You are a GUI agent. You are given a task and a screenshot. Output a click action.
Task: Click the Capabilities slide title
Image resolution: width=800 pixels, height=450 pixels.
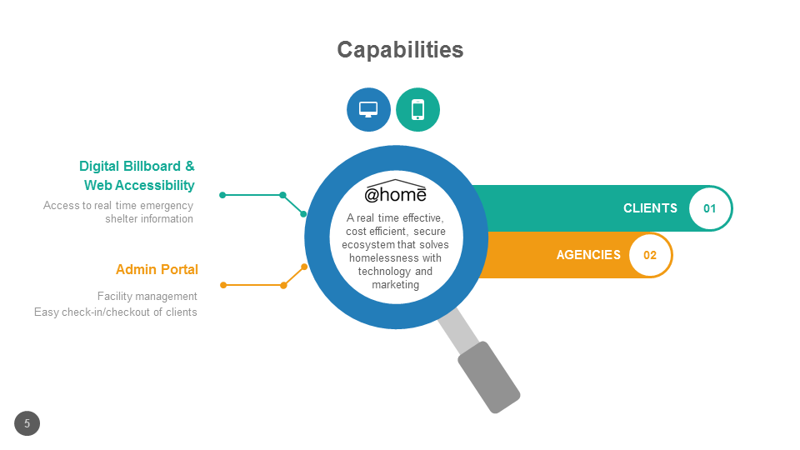[400, 50]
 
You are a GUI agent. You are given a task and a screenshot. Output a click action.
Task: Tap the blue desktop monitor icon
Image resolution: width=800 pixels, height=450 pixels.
[368, 109]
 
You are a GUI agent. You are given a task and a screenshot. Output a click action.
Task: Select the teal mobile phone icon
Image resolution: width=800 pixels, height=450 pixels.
[417, 109]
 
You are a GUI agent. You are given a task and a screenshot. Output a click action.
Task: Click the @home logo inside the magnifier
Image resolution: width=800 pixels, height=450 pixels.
[396, 192]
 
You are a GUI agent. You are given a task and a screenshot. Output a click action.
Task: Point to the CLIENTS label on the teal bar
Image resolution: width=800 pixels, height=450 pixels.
[650, 208]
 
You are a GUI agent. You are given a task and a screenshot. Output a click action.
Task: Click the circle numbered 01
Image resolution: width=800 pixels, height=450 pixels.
[710, 208]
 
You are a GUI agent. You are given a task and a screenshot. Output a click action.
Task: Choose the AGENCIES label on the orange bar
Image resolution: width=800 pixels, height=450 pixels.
[588, 255]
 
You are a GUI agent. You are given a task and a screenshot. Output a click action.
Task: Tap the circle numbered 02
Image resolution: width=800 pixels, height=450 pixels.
[650, 255]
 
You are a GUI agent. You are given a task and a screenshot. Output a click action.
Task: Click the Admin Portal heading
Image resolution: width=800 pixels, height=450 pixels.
[157, 269]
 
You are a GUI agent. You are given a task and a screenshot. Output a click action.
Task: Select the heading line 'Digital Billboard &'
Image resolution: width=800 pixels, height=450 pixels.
[137, 166]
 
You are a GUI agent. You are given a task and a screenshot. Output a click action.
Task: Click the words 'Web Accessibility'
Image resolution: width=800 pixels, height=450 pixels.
[139, 185]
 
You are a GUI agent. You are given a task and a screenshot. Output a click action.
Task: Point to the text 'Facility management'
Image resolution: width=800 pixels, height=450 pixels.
[147, 296]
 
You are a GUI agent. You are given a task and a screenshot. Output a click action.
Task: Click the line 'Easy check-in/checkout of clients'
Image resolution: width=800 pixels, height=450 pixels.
[116, 312]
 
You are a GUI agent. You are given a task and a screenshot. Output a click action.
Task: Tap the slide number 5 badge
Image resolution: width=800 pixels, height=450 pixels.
[27, 423]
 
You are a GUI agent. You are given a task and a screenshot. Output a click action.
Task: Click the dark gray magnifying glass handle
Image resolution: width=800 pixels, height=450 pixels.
[489, 377]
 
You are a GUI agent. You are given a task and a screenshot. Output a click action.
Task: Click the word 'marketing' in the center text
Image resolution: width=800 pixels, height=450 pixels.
[396, 284]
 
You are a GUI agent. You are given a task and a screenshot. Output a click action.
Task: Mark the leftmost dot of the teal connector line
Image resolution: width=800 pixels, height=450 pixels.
[222, 195]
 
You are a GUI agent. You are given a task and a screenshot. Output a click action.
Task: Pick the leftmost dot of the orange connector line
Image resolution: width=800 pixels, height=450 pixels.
[223, 285]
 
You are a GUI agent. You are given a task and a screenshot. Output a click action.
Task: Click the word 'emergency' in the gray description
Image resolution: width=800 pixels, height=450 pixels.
[167, 205]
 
